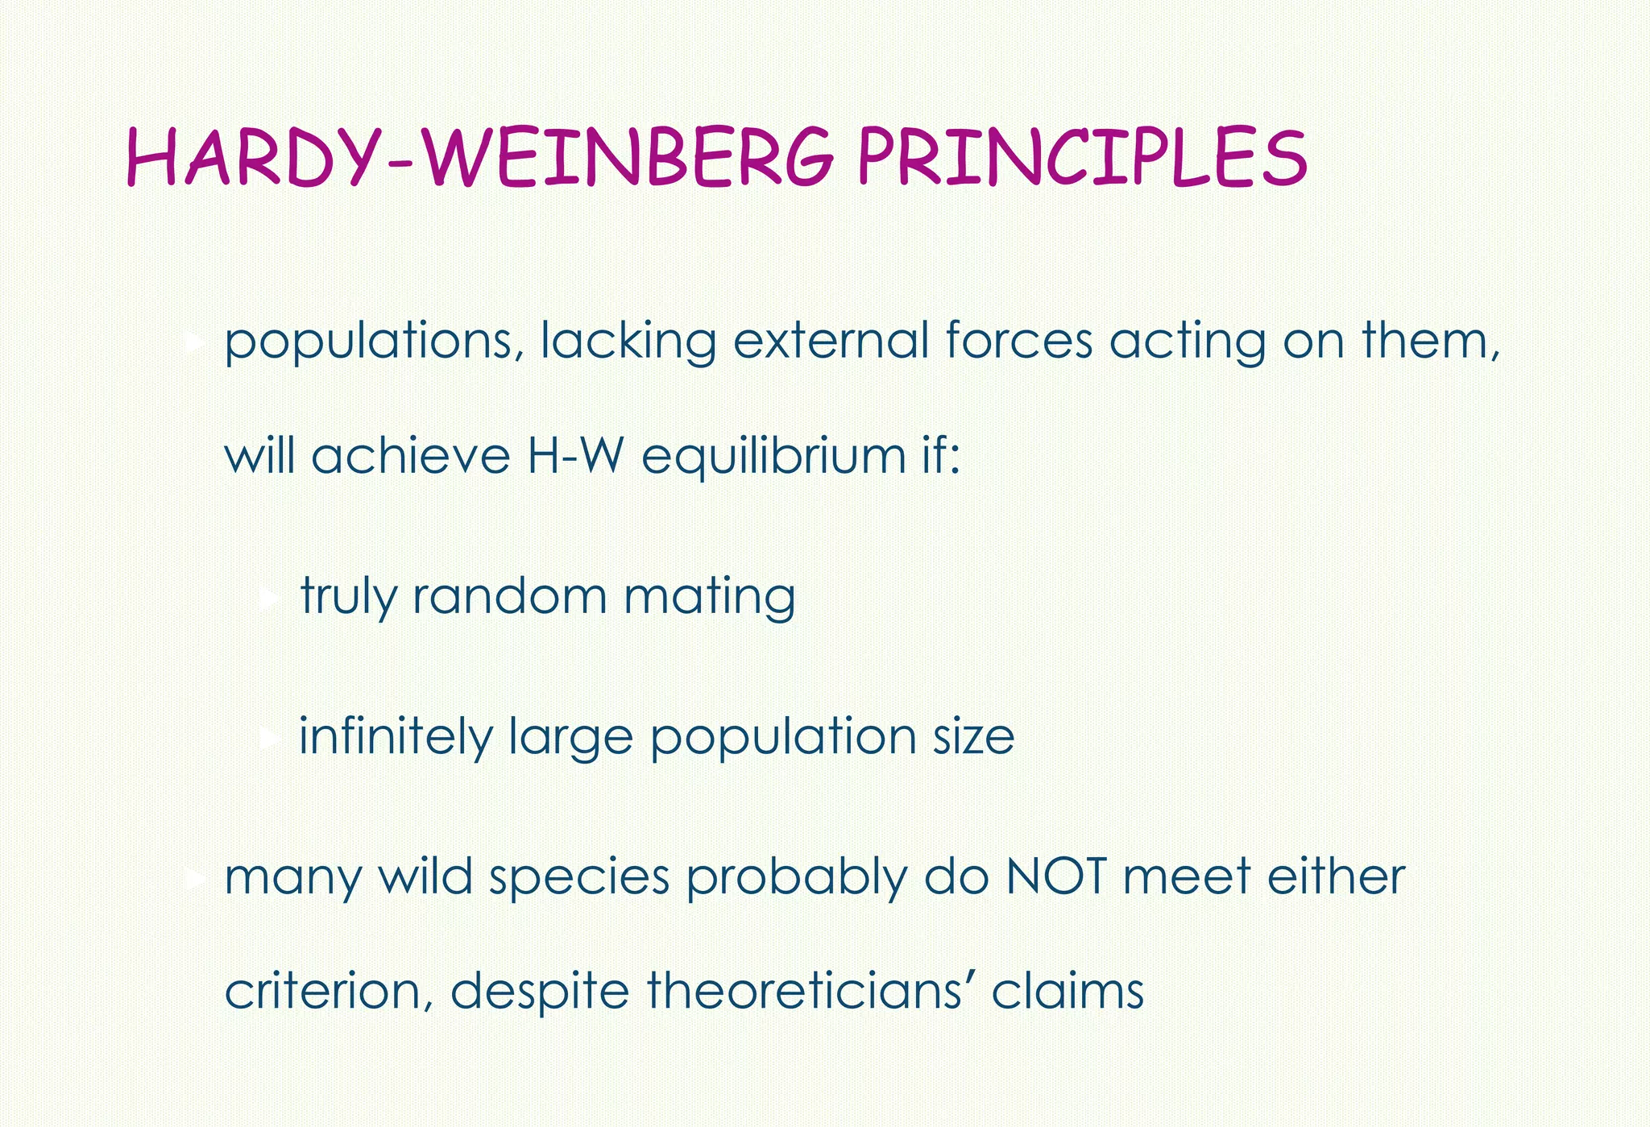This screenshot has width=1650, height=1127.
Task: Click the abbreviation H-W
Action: tap(575, 456)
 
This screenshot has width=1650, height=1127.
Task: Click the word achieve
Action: tap(411, 456)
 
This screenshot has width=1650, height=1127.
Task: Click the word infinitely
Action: tap(395, 736)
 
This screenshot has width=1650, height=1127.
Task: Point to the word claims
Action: tap(1068, 991)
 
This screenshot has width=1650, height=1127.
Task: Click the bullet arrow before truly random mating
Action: tap(270, 598)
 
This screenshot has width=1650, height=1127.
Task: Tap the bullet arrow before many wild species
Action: tap(193, 878)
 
